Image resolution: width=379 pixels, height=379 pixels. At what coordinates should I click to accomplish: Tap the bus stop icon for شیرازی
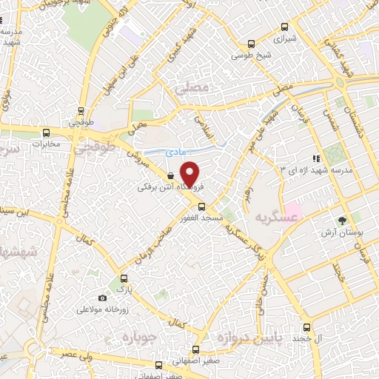click(x=285, y=25)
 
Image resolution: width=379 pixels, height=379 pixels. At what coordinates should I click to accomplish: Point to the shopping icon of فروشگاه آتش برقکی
click(x=172, y=176)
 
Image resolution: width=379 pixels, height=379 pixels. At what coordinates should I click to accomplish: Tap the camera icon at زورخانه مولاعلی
click(x=103, y=298)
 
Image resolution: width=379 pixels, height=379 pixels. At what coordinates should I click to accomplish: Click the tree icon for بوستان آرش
click(x=342, y=220)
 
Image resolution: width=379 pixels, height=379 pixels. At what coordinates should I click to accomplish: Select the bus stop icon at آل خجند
click(x=307, y=327)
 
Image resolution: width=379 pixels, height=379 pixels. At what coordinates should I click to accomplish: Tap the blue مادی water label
click(x=175, y=151)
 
